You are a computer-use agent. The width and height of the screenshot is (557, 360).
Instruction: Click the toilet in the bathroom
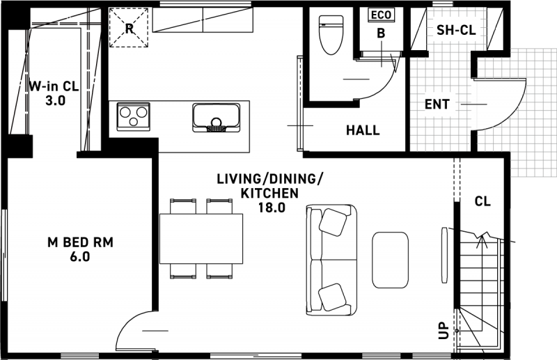point(331,35)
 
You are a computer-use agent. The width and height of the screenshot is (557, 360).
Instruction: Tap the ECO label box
point(381,15)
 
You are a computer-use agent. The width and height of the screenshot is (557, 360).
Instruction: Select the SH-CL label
point(456,30)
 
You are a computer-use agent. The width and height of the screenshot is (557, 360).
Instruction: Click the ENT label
point(437,104)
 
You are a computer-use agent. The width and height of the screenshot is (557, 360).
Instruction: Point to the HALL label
point(363,130)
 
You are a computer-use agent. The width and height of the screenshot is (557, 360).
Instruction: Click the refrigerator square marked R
point(129,28)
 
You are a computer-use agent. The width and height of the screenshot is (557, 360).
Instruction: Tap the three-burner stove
point(133,116)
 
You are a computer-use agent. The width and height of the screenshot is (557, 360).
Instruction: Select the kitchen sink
point(216,118)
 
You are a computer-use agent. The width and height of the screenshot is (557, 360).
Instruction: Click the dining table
point(201,238)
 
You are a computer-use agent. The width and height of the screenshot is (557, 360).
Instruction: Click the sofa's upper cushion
point(333,221)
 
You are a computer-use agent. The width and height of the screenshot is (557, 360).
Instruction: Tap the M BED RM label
point(80,242)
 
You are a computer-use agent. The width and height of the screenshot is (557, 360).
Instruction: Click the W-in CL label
point(54,86)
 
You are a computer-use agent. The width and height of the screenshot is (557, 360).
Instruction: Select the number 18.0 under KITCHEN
point(272,208)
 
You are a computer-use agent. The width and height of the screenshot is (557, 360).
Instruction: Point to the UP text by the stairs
point(444,331)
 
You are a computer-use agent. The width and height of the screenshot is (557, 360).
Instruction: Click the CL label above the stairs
point(483,201)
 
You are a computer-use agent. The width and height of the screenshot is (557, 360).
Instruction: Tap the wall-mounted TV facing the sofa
point(444,255)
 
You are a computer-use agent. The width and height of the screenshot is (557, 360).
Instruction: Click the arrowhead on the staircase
point(482,237)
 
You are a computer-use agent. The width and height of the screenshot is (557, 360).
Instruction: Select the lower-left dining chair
point(183,271)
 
